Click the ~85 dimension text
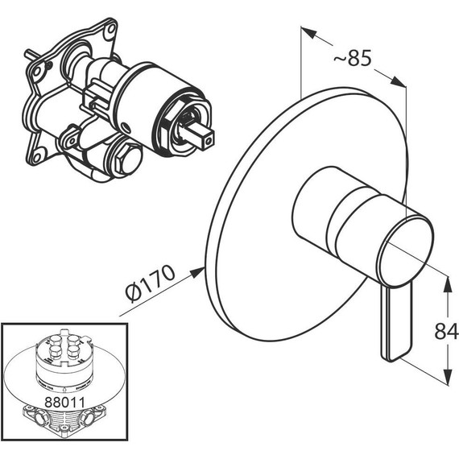353,58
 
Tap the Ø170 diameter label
150,283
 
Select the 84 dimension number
446,332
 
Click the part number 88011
64,402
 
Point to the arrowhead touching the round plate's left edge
196,273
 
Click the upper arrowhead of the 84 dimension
447,285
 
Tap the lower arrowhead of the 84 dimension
447,377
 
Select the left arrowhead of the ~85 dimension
309,32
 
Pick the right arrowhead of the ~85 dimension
398,81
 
